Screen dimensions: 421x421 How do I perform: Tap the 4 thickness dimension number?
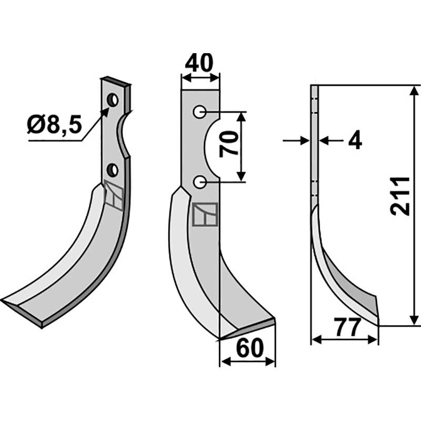(x=356, y=141)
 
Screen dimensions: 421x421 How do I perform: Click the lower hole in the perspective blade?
(x=112, y=169)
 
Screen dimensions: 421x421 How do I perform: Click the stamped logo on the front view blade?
(x=206, y=215)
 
